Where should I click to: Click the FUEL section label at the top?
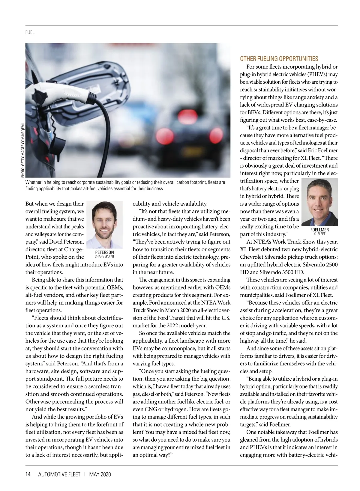click(x=30, y=32)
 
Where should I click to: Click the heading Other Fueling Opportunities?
click(x=279, y=59)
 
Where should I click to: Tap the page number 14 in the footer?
click(x=28, y=474)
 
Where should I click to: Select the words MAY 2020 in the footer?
click(x=100, y=474)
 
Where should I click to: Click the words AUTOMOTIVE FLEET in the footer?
click(x=59, y=474)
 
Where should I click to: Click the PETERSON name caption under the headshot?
click(x=104, y=252)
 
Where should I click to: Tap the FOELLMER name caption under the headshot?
click(x=319, y=230)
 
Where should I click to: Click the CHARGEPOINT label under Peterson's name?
click(x=104, y=257)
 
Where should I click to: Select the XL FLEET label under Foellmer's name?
click(x=319, y=234)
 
